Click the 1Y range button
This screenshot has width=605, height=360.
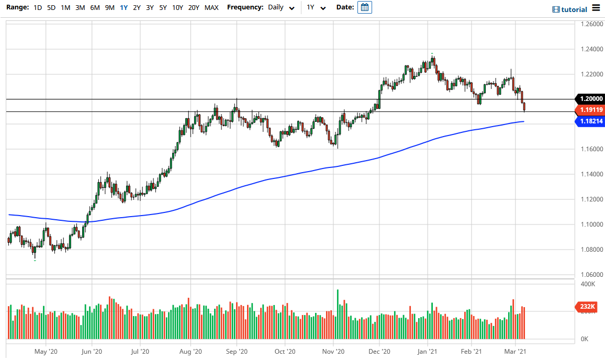[124, 7]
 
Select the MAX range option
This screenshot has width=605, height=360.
[211, 7]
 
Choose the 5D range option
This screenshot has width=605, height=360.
[51, 7]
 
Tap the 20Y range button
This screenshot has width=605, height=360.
[194, 7]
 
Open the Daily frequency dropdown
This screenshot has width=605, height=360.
[281, 7]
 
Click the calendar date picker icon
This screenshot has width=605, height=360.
[365, 7]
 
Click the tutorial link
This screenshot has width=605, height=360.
[570, 9]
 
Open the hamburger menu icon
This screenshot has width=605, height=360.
[596, 8]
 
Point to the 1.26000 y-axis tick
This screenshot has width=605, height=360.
[589, 24]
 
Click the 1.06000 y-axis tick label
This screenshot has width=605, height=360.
[589, 275]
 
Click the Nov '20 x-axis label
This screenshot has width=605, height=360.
[333, 352]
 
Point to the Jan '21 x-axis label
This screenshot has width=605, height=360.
[428, 352]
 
